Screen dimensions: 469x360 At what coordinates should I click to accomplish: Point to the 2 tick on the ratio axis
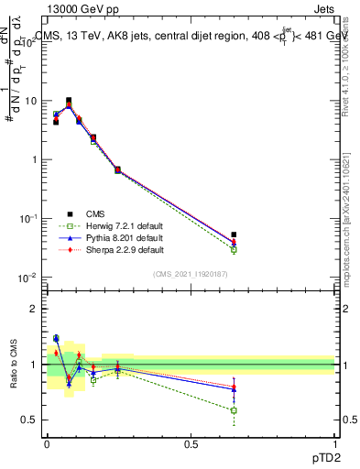point(34,309)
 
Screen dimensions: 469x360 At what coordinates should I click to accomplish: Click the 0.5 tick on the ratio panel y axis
point(29,420)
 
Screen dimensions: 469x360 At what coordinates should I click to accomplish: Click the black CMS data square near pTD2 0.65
point(234,235)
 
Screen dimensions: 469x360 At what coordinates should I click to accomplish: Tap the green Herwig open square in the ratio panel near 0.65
point(234,410)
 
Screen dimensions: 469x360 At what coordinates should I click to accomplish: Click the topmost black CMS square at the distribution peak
point(70,101)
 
